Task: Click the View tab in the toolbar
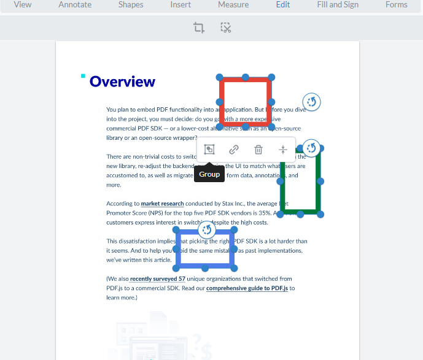click(23, 5)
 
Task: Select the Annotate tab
click(75, 5)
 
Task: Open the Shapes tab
click(130, 5)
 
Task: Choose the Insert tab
click(180, 5)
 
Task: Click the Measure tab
click(233, 5)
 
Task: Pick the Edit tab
click(283, 5)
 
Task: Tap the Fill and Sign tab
click(338, 5)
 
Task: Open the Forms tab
click(396, 5)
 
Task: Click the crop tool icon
click(198, 28)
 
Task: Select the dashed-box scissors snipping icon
click(226, 28)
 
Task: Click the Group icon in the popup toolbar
click(209, 150)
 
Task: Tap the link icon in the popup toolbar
click(234, 150)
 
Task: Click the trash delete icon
click(258, 150)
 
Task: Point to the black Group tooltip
click(209, 174)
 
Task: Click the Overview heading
click(122, 82)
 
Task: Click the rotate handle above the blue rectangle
click(207, 230)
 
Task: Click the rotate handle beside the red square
click(312, 102)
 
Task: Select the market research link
click(162, 204)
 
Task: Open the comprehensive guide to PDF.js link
click(247, 288)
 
